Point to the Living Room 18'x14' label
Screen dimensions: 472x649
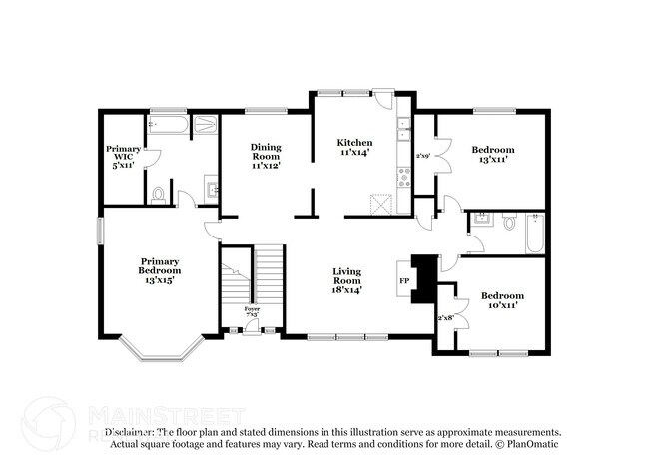point(346,280)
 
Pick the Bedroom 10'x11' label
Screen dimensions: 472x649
point(502,301)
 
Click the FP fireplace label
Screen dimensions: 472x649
point(404,281)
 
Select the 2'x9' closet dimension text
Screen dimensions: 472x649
point(423,157)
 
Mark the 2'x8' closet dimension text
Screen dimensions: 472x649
point(445,318)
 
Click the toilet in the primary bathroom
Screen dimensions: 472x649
point(159,194)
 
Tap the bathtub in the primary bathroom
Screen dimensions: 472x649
point(164,126)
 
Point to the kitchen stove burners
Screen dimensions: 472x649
point(404,178)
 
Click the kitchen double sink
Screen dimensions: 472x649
point(403,129)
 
